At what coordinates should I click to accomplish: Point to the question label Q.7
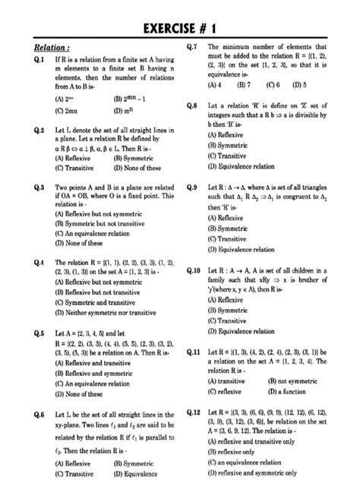pos(192,47)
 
